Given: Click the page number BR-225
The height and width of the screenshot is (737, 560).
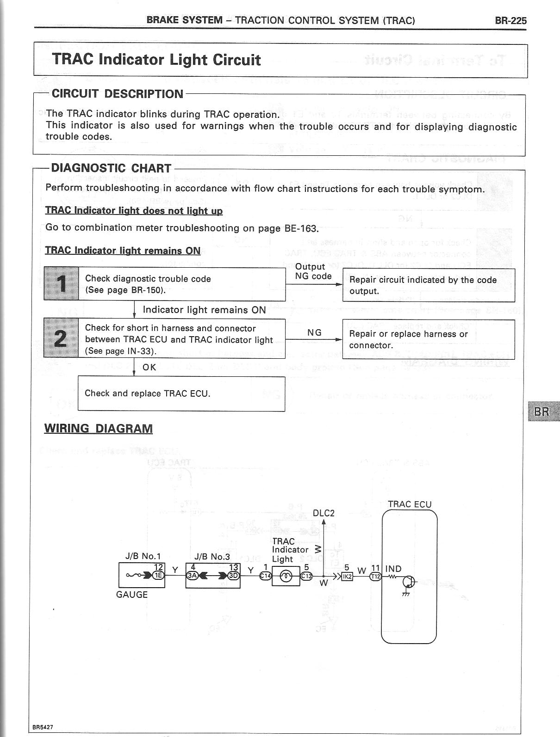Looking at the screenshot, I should [510, 20].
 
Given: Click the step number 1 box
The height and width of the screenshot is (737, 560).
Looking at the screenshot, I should [61, 283].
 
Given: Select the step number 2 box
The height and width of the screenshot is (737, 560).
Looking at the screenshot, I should [61, 338].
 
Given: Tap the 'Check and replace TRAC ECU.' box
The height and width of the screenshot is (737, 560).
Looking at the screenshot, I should [181, 393].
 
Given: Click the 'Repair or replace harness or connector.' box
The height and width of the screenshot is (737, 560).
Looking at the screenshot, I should [428, 339].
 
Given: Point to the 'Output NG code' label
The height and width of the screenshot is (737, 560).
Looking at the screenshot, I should [313, 271].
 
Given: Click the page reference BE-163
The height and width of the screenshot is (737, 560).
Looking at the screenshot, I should [301, 228].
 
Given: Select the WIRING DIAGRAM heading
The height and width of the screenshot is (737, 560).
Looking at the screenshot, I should [98, 428].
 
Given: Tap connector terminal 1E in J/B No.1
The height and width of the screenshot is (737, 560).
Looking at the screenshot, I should [158, 576].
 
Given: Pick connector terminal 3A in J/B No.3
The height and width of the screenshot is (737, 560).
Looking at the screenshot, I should [191, 576].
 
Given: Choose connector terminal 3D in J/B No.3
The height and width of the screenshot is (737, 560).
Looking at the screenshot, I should [234, 576].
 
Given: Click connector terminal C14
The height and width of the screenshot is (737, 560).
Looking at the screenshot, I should [265, 576].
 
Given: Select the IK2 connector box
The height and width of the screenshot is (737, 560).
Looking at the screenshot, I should [347, 576].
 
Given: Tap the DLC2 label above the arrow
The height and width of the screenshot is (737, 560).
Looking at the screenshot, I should [324, 513].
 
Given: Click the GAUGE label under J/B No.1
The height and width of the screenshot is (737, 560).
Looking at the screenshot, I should [132, 595].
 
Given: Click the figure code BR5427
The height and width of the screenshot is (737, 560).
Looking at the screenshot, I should [43, 727].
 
